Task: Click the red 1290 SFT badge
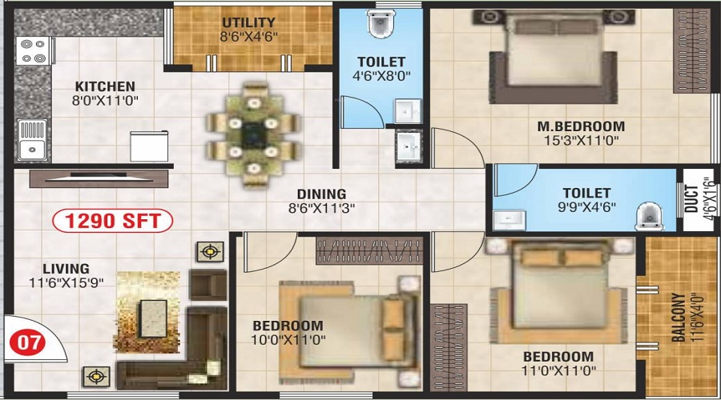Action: [x=113, y=221]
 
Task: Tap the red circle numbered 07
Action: [x=28, y=342]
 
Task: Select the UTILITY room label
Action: [x=249, y=22]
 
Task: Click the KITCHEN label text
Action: [x=105, y=86]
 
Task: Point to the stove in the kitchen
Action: [x=34, y=51]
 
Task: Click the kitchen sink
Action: [x=32, y=140]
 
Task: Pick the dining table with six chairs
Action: [x=253, y=135]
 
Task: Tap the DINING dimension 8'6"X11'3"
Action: [x=321, y=209]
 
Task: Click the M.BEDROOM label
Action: [x=582, y=126]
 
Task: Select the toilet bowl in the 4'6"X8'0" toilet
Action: [x=381, y=23]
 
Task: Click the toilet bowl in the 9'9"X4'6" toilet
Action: [x=649, y=216]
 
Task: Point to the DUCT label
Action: [x=691, y=198]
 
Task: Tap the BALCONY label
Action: [x=679, y=318]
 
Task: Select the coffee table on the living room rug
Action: [x=153, y=318]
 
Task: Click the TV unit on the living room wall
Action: [x=99, y=178]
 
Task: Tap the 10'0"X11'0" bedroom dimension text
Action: [x=288, y=340]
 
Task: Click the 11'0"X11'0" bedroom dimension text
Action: [x=558, y=370]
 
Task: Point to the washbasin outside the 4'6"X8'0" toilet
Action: [x=409, y=145]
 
